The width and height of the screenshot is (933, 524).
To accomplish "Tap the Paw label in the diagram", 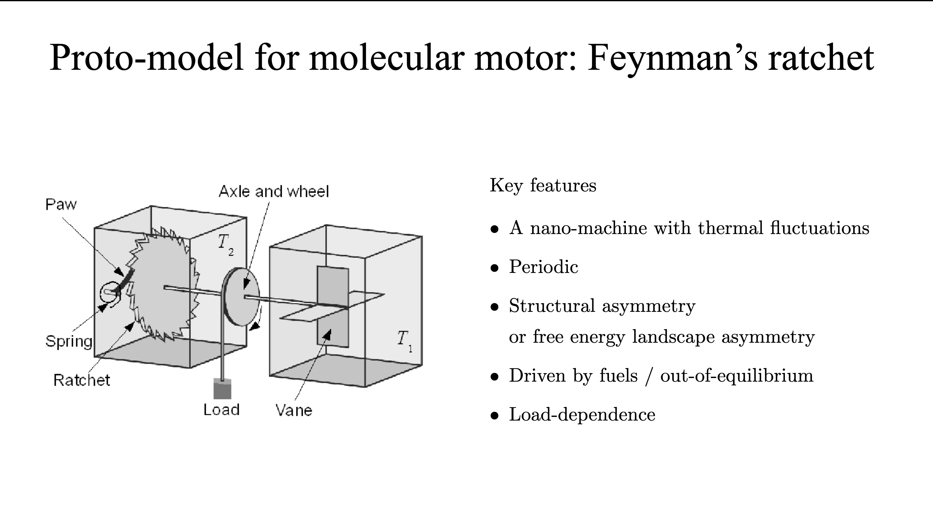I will [61, 205].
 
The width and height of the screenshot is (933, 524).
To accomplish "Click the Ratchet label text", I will [81, 380].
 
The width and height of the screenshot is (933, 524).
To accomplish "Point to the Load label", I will [221, 410].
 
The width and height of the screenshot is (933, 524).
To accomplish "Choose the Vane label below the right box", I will [294, 410].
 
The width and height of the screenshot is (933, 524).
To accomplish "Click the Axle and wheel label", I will [274, 191].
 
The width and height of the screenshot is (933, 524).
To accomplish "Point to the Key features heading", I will [543, 186].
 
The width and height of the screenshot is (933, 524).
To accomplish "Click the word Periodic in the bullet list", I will [543, 267].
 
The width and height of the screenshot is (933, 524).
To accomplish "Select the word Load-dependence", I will [582, 415].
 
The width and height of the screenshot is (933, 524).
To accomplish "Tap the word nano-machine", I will [588, 228].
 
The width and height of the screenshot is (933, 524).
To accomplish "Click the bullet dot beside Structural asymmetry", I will [494, 307].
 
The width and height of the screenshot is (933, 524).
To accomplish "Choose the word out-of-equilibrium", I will [737, 375].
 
